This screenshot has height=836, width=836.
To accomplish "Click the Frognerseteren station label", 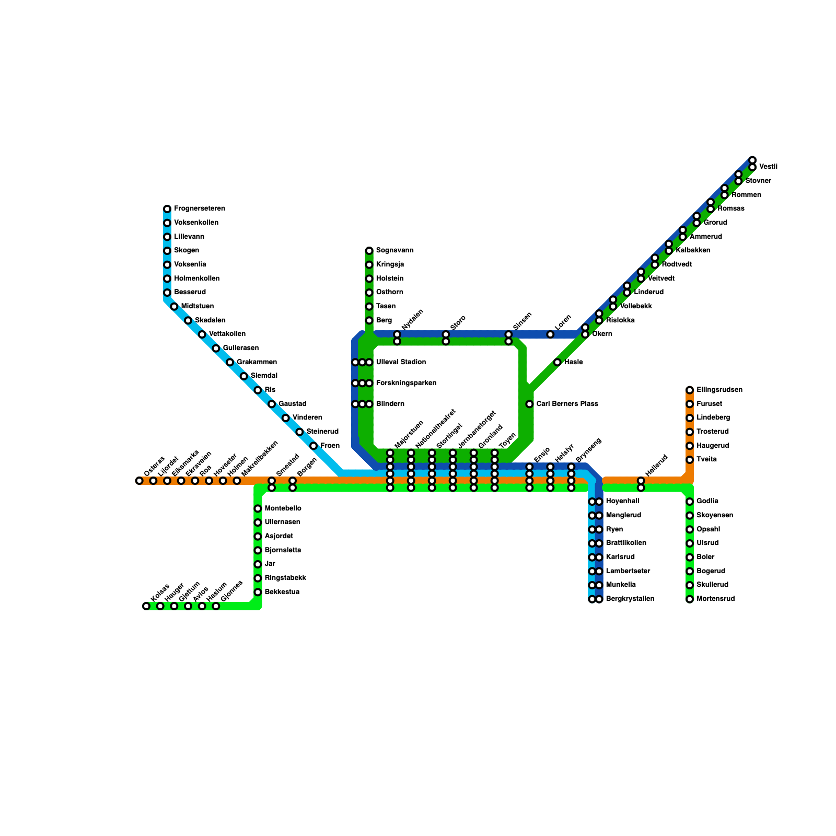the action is point(200,208).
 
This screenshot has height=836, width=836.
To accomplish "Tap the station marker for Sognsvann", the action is point(369,251).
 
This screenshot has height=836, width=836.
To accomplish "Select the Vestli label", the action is point(768,167).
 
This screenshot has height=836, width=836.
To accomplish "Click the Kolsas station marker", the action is point(146,606).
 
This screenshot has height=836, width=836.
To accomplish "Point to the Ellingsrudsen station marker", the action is point(690,390).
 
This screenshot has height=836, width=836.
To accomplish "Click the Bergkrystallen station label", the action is point(630,599).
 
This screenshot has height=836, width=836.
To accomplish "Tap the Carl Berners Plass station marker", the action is point(529,404).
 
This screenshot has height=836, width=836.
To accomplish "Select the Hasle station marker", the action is point(558,362).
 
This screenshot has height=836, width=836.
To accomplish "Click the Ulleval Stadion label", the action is point(401,362).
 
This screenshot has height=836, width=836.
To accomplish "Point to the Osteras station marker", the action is point(140,481).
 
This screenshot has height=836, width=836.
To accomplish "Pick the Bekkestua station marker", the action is point(258,592).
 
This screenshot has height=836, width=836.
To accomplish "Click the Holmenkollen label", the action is point(197,278).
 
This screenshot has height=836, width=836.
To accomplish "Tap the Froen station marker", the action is point(313,446).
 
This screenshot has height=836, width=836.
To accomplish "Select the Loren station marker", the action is point(550,334).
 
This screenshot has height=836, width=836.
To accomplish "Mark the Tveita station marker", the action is point(690,460).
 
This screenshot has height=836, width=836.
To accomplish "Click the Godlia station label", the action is point(707,501).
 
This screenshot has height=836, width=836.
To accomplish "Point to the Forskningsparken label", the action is point(407,383).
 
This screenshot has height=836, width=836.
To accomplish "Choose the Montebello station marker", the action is point(258,508).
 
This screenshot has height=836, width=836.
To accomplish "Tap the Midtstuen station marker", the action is point(174,307).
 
